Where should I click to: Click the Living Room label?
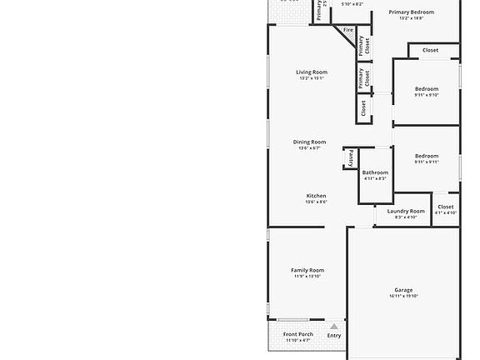click(312, 72)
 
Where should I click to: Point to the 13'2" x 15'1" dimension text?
click(312, 79)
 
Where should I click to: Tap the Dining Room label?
click(309, 142)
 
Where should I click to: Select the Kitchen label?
click(316, 196)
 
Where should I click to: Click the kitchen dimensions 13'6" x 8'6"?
click(316, 202)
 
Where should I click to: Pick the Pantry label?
click(351, 157)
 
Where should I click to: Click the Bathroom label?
click(375, 172)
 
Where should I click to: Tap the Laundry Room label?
click(406, 211)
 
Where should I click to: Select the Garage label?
click(403, 290)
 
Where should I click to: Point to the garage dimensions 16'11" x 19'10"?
click(403, 296)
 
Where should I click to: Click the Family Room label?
click(307, 270)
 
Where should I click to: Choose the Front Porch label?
click(298, 334)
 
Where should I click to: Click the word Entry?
click(334, 336)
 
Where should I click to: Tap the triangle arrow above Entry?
click(334, 327)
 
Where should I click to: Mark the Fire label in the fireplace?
click(348, 30)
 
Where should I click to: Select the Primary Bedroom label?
click(412, 12)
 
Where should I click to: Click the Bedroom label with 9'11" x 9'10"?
click(427, 88)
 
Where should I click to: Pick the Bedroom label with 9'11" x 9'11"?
click(427, 156)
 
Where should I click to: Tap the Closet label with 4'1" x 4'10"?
click(446, 207)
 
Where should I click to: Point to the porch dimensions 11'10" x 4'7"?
click(298, 340)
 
